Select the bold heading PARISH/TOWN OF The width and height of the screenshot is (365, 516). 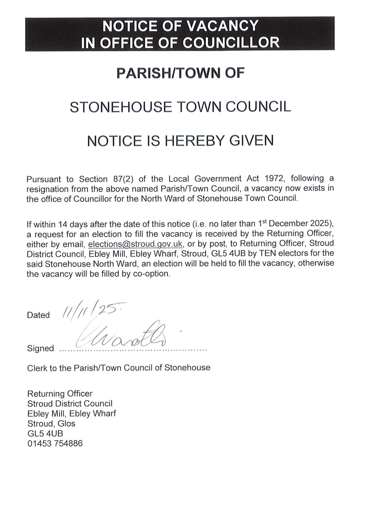(180, 73)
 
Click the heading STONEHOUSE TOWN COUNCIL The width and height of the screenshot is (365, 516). (180, 107)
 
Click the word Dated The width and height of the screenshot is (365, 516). (38, 315)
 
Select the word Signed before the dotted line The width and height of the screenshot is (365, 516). (40, 348)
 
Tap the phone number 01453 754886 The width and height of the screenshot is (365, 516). (55, 443)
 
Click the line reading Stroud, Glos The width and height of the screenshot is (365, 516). (51, 424)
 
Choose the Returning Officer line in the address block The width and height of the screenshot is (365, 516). (59, 394)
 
